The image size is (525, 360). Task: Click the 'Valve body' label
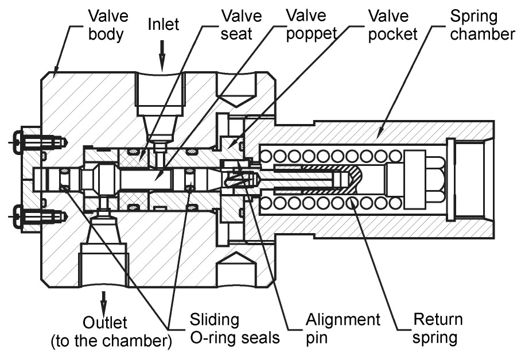click(x=108, y=25)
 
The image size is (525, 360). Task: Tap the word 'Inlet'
click(x=164, y=25)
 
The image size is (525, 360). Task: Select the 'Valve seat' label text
click(x=241, y=25)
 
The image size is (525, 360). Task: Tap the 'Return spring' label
click(x=437, y=329)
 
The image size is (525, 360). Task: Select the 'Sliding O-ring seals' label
click(x=234, y=329)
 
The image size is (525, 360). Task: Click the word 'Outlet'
click(x=104, y=323)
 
